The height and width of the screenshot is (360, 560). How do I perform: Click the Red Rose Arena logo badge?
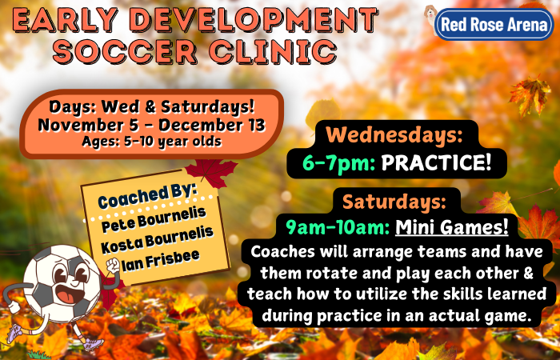click(494, 24)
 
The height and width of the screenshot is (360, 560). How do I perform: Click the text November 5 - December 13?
click(151, 126)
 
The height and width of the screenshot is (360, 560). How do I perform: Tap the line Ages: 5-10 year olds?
click(152, 142)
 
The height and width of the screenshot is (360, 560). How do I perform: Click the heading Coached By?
click(147, 196)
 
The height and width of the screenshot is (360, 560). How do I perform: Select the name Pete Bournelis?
click(154, 220)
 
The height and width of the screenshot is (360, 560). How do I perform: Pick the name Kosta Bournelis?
click(157, 240)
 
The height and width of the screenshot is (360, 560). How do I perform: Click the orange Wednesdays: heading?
click(394, 135)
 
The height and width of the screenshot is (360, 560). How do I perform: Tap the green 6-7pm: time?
click(338, 164)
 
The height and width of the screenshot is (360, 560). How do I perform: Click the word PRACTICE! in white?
click(437, 163)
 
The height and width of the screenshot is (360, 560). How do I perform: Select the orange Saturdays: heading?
click(394, 202)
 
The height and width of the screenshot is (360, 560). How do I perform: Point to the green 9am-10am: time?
click(338, 228)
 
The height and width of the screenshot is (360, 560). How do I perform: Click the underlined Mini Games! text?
click(452, 227)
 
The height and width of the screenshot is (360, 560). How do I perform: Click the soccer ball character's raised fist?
click(113, 266)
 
